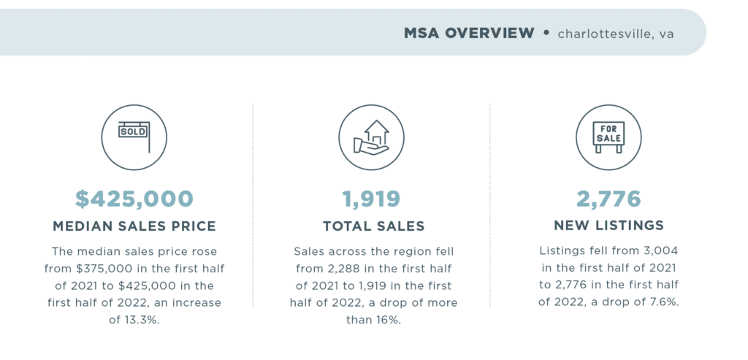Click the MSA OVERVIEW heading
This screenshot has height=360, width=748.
point(469,33)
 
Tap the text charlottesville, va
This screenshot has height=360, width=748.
point(615,34)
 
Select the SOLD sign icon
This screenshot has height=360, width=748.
point(134,137)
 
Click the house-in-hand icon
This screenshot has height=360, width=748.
point(372,137)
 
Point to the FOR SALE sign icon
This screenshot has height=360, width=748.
point(608,137)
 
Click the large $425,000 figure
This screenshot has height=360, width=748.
point(134,198)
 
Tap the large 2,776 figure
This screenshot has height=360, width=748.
point(608,198)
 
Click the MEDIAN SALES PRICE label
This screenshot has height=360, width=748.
point(134,226)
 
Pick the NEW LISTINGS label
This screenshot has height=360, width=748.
point(608,226)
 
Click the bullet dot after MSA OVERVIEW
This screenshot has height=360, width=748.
point(546,33)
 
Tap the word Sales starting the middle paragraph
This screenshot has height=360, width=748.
point(310,250)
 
